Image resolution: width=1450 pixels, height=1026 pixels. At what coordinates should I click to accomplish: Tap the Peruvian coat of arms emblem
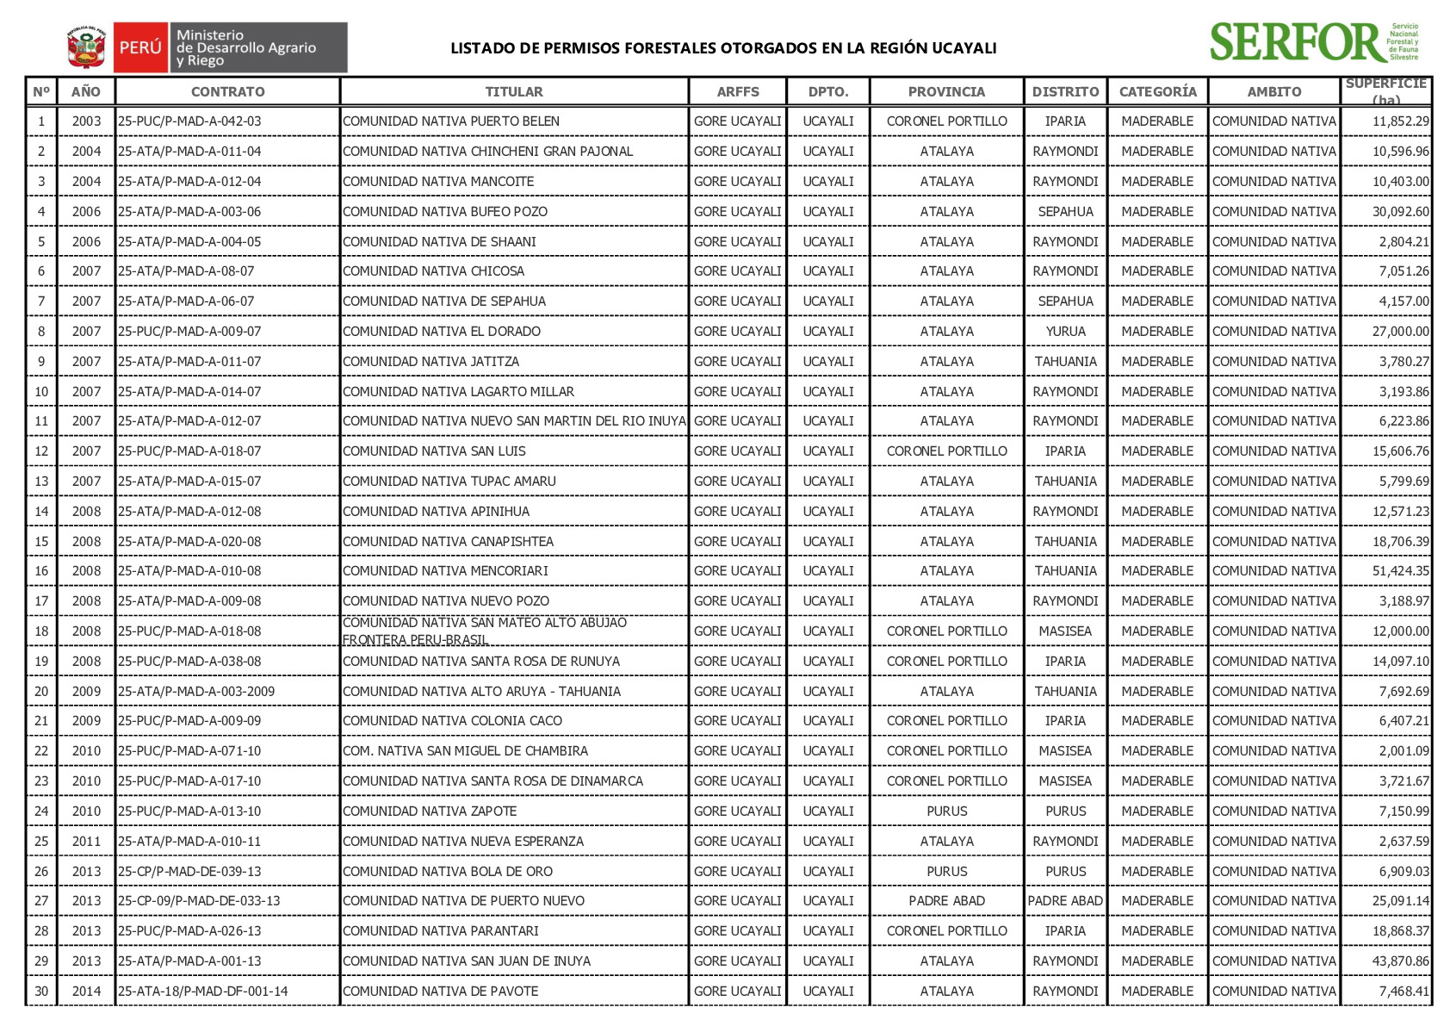point(86,47)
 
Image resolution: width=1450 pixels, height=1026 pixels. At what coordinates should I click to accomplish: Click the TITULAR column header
point(514,91)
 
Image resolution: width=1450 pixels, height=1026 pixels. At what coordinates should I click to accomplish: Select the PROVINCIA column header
point(946,91)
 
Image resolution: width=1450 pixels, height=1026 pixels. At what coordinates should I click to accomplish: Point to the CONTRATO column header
point(227,91)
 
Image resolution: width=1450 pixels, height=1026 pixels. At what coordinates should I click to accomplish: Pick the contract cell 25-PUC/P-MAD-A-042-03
point(189,121)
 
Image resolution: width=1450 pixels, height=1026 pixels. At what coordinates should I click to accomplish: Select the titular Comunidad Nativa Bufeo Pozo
point(445,212)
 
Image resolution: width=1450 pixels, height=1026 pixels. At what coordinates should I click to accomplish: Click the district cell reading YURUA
point(1065,332)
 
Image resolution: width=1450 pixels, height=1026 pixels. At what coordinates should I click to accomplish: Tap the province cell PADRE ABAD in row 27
point(946,901)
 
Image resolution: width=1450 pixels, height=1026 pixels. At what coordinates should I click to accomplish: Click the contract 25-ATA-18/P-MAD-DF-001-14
point(203,992)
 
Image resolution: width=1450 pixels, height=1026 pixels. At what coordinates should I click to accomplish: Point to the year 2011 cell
point(86,842)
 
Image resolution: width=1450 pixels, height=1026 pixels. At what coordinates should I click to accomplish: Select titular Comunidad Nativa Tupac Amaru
point(449,482)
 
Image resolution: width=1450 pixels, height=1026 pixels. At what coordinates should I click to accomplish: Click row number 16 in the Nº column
point(41,571)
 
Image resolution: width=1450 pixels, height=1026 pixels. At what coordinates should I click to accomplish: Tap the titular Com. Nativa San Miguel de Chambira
point(465,751)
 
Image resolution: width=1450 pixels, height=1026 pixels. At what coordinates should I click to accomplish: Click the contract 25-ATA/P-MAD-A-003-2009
point(196,692)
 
